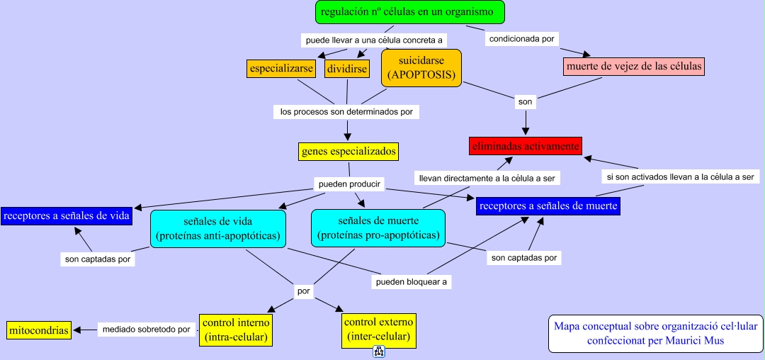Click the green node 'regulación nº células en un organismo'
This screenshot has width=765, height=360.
409,12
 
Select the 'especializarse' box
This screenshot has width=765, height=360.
281,69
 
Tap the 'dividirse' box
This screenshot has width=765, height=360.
347,69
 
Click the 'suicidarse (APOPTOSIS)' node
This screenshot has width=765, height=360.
421,68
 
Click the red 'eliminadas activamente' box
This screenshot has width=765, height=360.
526,146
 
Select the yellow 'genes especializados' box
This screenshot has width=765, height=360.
348,151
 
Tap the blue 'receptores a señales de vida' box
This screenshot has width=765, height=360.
67,215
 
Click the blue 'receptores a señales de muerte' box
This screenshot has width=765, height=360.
548,206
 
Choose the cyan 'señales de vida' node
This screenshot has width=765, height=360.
217,228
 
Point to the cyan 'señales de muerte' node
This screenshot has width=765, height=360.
378,228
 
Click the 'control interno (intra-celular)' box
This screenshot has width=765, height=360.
236,330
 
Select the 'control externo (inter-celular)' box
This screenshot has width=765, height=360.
378,330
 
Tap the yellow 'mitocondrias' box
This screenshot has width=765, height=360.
39,330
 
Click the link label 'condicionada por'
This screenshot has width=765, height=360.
522,39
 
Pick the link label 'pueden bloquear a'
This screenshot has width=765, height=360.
412,281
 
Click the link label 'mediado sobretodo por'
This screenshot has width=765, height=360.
146,330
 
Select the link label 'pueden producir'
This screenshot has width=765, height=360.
350,184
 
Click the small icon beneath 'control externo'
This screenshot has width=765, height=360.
378,352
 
